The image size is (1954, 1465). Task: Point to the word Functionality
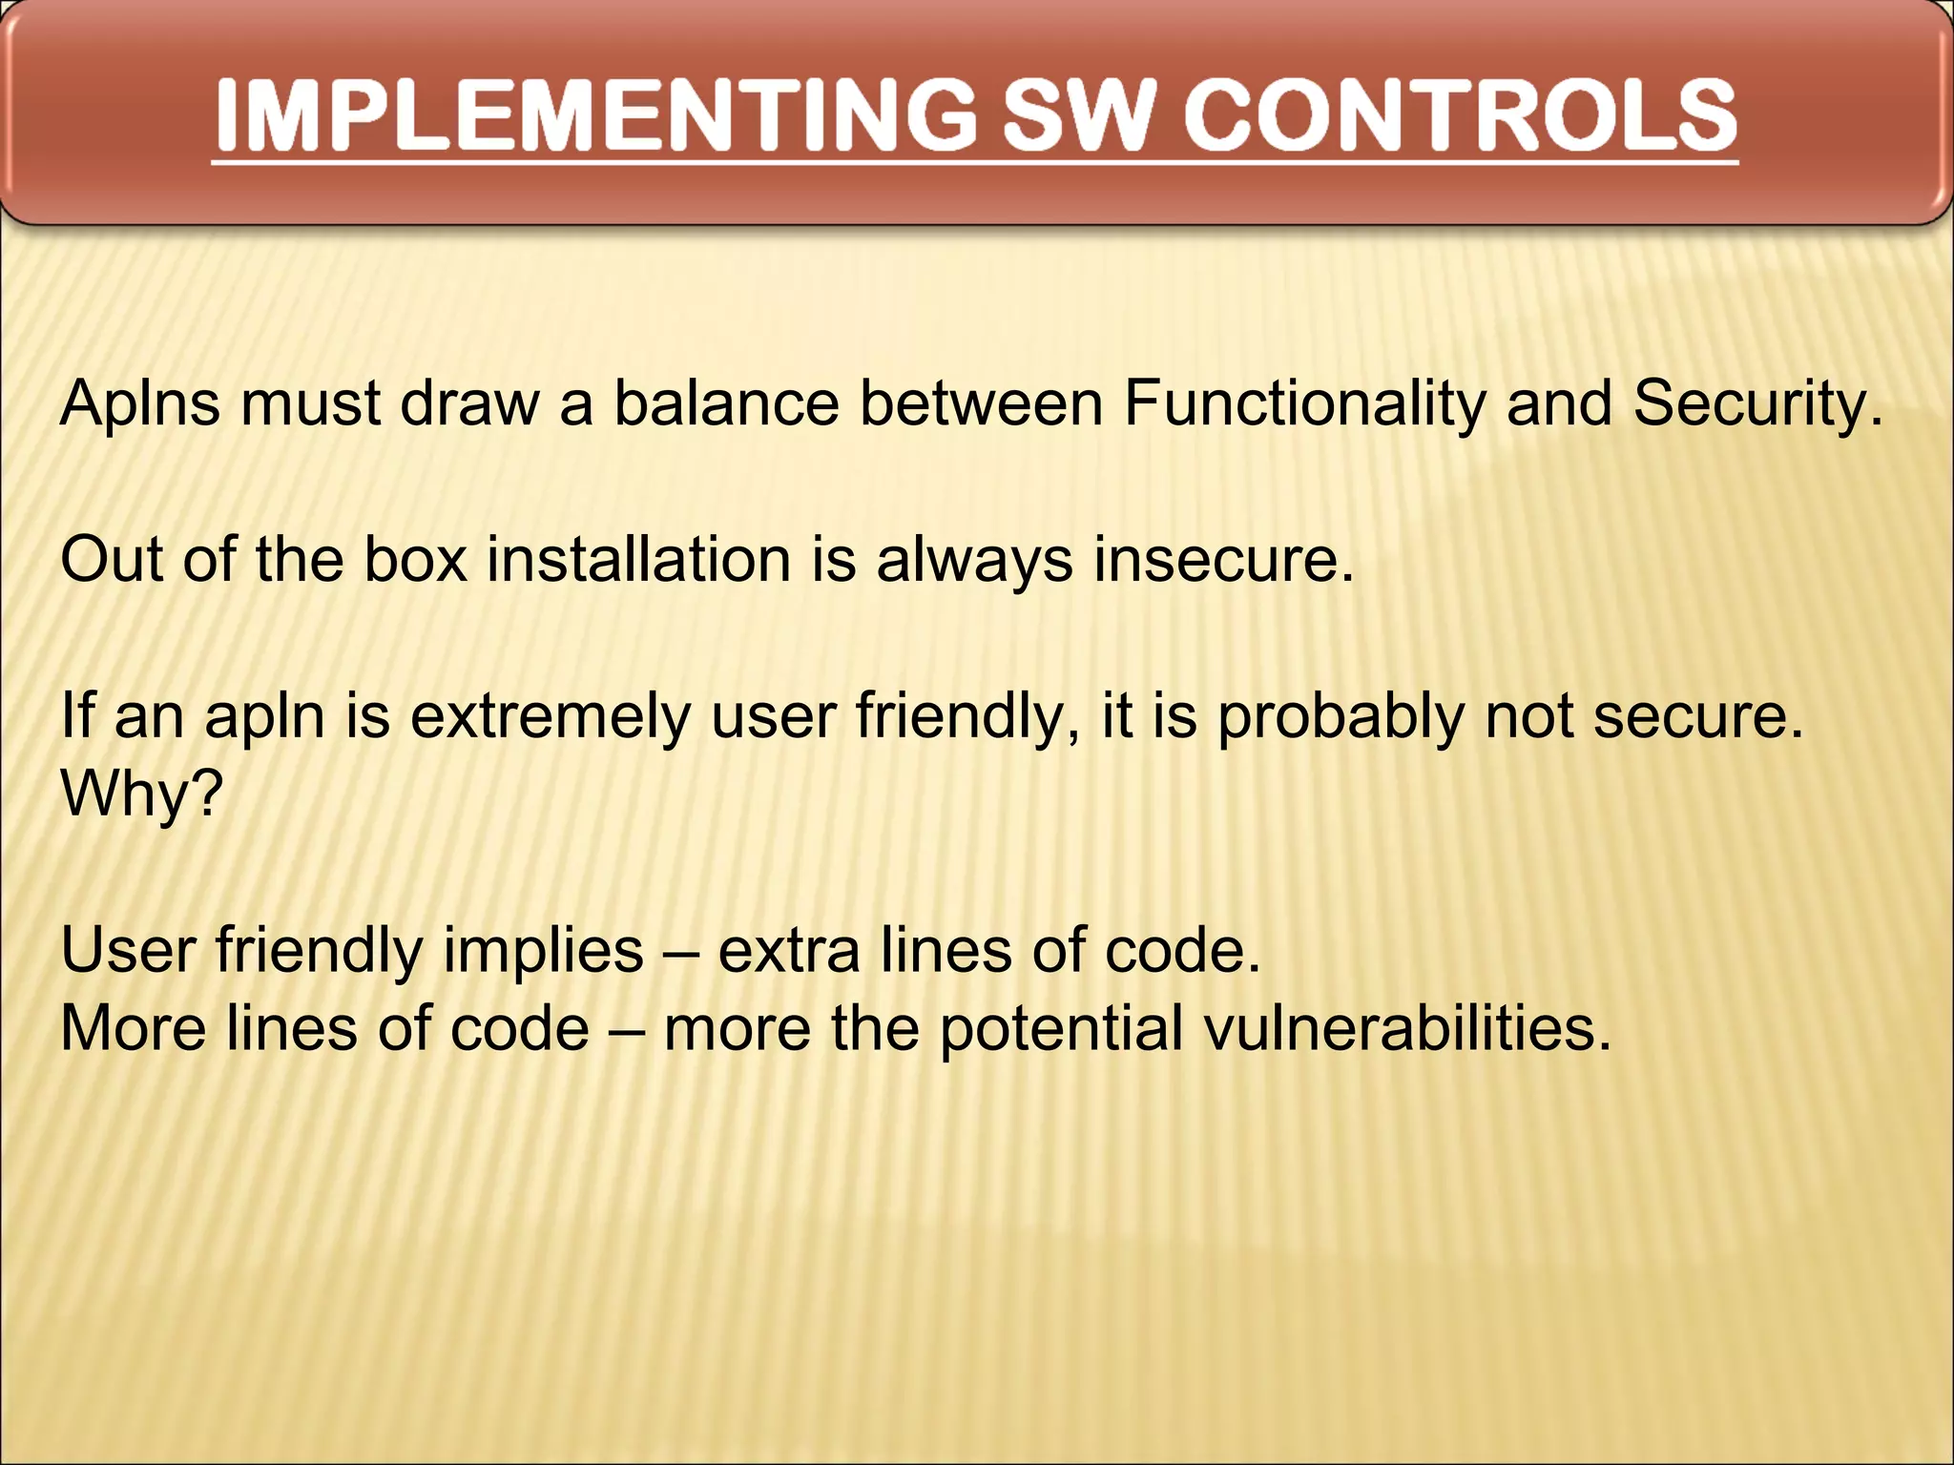(1303, 404)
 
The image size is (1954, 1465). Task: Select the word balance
(725, 404)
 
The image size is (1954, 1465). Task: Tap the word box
(416, 560)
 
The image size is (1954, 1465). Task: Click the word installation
(639, 560)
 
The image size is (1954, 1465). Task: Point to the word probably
(1340, 717)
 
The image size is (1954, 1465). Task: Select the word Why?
(141, 794)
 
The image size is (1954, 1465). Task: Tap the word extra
(788, 951)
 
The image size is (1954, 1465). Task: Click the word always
(974, 560)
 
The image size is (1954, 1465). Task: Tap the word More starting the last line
(134, 1029)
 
